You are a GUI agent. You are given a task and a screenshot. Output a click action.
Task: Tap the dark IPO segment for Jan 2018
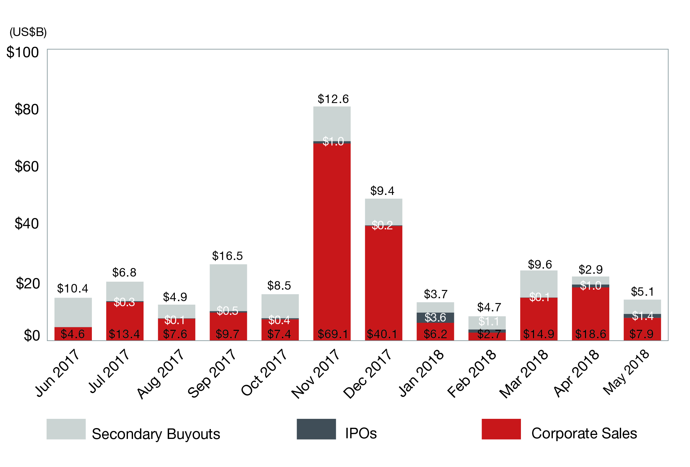point(435,317)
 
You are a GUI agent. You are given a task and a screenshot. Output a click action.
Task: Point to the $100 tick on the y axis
point(22,52)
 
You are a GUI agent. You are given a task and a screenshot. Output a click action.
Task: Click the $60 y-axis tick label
point(27,167)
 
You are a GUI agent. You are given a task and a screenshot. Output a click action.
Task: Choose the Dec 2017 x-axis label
point(367,374)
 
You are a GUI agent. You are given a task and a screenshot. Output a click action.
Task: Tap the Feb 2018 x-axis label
point(471,374)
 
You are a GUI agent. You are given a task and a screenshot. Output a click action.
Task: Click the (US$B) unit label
point(28,32)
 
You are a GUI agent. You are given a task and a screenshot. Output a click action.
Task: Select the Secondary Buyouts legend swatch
point(66,429)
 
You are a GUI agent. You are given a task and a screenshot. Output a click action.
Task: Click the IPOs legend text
point(361,433)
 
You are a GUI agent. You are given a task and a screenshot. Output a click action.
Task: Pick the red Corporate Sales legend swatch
point(501,429)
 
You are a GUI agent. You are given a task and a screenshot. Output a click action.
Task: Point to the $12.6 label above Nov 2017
point(333,99)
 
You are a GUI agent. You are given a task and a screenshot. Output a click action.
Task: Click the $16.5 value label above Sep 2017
point(227,256)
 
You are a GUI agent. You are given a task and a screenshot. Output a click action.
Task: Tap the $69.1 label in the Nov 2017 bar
point(333,334)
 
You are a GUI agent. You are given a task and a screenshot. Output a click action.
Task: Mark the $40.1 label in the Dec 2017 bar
point(382,334)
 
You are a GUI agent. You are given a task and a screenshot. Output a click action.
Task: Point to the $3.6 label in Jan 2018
point(435,317)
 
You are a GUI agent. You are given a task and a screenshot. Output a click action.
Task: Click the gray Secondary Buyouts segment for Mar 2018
point(539,282)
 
